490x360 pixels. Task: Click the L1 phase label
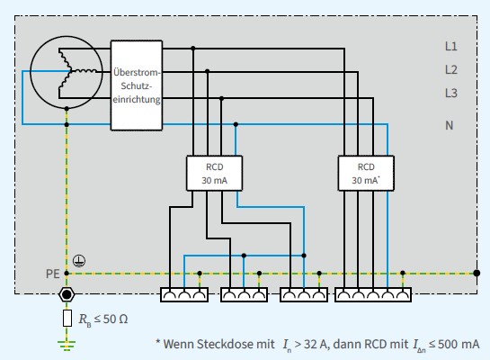(x=450, y=45)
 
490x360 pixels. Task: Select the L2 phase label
(x=450, y=68)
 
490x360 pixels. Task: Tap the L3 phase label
(x=450, y=92)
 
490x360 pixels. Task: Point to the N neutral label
(x=450, y=125)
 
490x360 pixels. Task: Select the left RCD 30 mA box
(x=213, y=173)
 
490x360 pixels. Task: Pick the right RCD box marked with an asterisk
(x=366, y=173)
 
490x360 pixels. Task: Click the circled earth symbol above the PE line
(x=78, y=260)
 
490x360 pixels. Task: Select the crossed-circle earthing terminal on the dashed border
(x=66, y=294)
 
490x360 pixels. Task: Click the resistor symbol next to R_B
(x=66, y=318)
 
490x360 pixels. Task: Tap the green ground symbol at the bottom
(x=66, y=343)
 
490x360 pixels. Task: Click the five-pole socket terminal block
(x=373, y=294)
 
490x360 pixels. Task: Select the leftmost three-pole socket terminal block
(x=184, y=294)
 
